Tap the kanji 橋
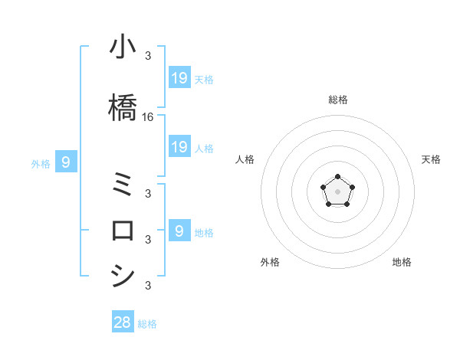(123, 106)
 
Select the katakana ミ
(123, 184)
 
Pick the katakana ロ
(123, 230)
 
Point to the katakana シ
(123, 275)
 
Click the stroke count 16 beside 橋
(148, 117)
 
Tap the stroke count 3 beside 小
(148, 55)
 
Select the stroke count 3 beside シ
(148, 286)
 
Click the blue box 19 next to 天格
(179, 77)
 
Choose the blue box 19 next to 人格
(179, 146)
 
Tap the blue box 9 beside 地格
(179, 231)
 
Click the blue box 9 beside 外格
(66, 162)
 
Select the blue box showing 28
(123, 322)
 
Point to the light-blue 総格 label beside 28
(147, 324)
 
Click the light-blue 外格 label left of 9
(41, 163)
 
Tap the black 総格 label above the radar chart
(337, 100)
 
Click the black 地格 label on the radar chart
(402, 262)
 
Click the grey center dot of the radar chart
(337, 191)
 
